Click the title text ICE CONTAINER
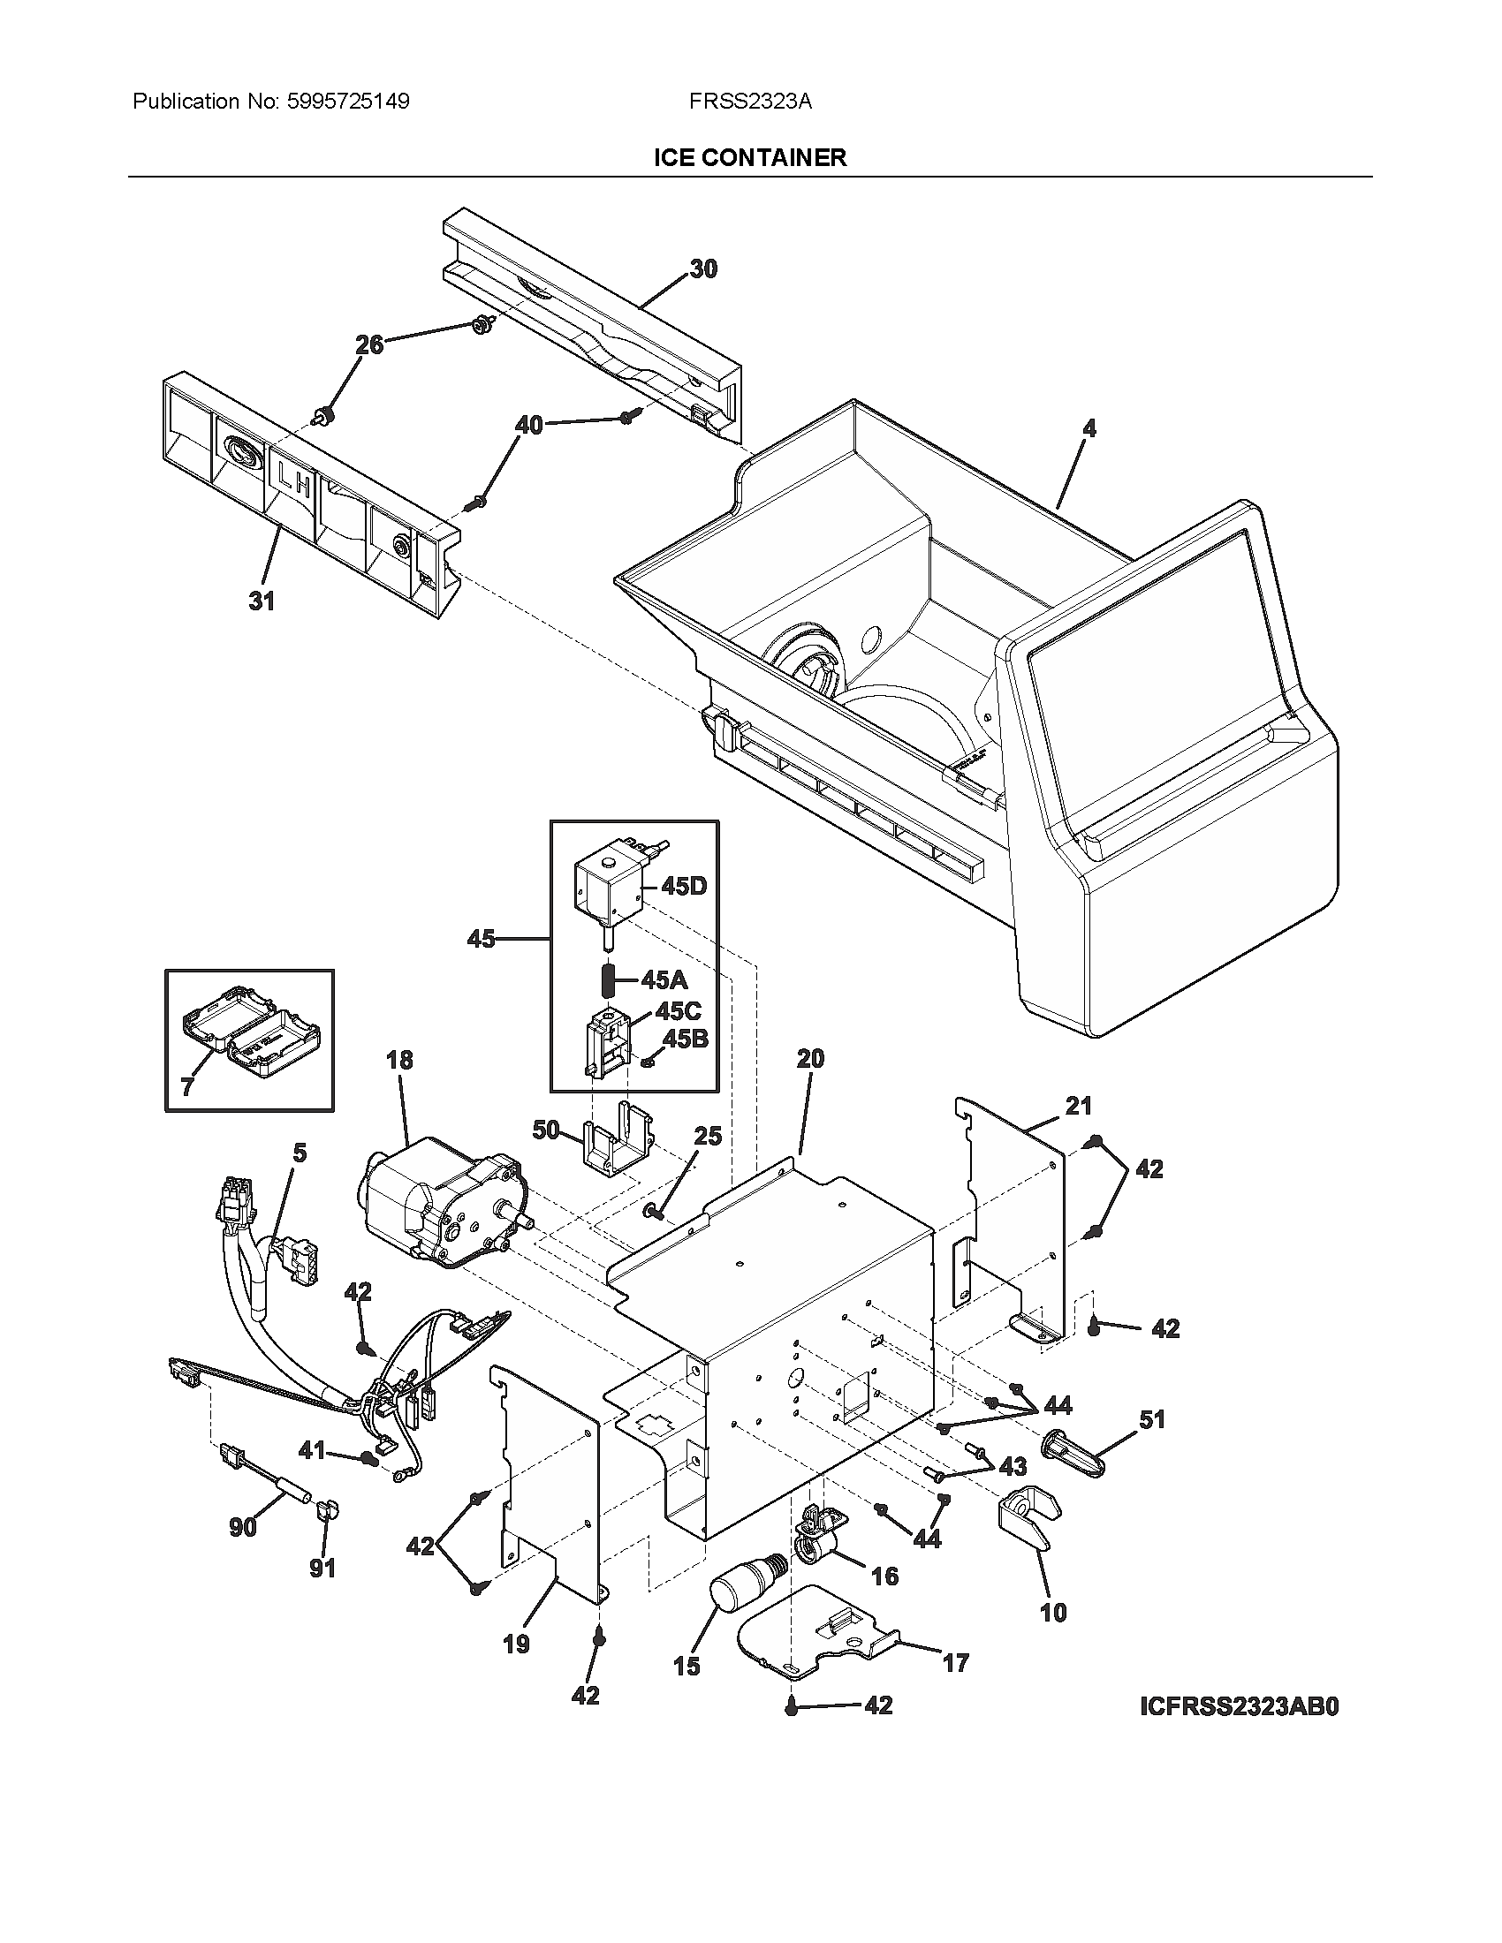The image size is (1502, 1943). pyautogui.click(x=750, y=158)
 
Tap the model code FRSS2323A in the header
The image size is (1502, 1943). pyautogui.click(x=749, y=102)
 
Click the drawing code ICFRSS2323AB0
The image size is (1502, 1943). pyautogui.click(x=1240, y=1707)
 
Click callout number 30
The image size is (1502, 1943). pyautogui.click(x=703, y=268)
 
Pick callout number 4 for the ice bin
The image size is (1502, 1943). pyautogui.click(x=1089, y=428)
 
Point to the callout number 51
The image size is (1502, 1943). pyautogui.click(x=1152, y=1419)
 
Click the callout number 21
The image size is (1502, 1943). pyautogui.click(x=1078, y=1106)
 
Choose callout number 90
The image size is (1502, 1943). pyautogui.click(x=243, y=1527)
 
